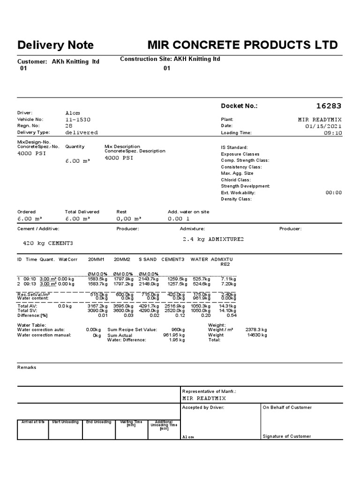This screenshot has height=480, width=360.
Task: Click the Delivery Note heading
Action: click(55, 45)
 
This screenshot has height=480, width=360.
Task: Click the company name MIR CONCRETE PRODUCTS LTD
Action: click(242, 45)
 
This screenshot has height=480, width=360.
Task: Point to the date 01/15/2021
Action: click(323, 126)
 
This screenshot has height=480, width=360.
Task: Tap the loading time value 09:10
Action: click(333, 133)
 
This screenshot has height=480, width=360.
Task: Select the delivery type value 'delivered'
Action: click(82, 133)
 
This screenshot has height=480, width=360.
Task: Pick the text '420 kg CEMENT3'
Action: click(48, 243)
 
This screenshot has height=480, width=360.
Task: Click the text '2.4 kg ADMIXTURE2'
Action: click(213, 239)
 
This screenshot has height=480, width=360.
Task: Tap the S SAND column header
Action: click(148, 259)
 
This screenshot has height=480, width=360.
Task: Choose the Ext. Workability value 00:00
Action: click(333, 193)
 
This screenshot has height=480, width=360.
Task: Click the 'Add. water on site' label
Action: click(188, 212)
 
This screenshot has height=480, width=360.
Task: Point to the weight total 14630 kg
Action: click(257, 335)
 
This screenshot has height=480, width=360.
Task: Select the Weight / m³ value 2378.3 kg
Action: click(256, 330)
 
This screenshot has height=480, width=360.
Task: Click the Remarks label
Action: click(27, 367)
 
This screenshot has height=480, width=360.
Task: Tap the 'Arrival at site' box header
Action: click(33, 422)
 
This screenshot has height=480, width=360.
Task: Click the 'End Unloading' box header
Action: click(99, 422)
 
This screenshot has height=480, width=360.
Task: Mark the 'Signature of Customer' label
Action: click(286, 436)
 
